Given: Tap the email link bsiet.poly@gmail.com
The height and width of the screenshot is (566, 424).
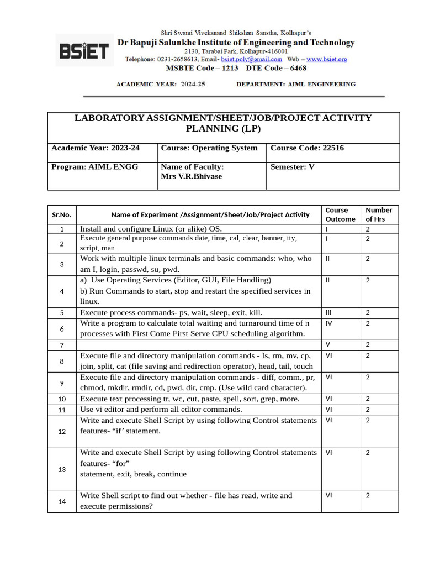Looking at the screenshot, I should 251,59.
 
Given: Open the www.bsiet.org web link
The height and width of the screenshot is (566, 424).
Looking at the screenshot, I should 326,59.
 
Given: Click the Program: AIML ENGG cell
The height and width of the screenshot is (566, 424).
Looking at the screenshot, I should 95,166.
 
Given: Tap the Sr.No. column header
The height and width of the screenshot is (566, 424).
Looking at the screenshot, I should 62,214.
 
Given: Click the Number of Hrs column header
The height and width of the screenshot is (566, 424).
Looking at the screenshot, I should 379,214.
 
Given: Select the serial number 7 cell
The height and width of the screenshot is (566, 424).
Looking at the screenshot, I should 62,345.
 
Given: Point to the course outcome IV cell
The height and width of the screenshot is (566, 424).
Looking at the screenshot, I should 329,323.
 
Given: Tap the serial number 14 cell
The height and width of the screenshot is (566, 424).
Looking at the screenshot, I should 62,501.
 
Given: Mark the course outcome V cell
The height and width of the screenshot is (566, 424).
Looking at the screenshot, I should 328,345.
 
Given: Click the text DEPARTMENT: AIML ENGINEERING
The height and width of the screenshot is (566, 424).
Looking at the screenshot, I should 296,85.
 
